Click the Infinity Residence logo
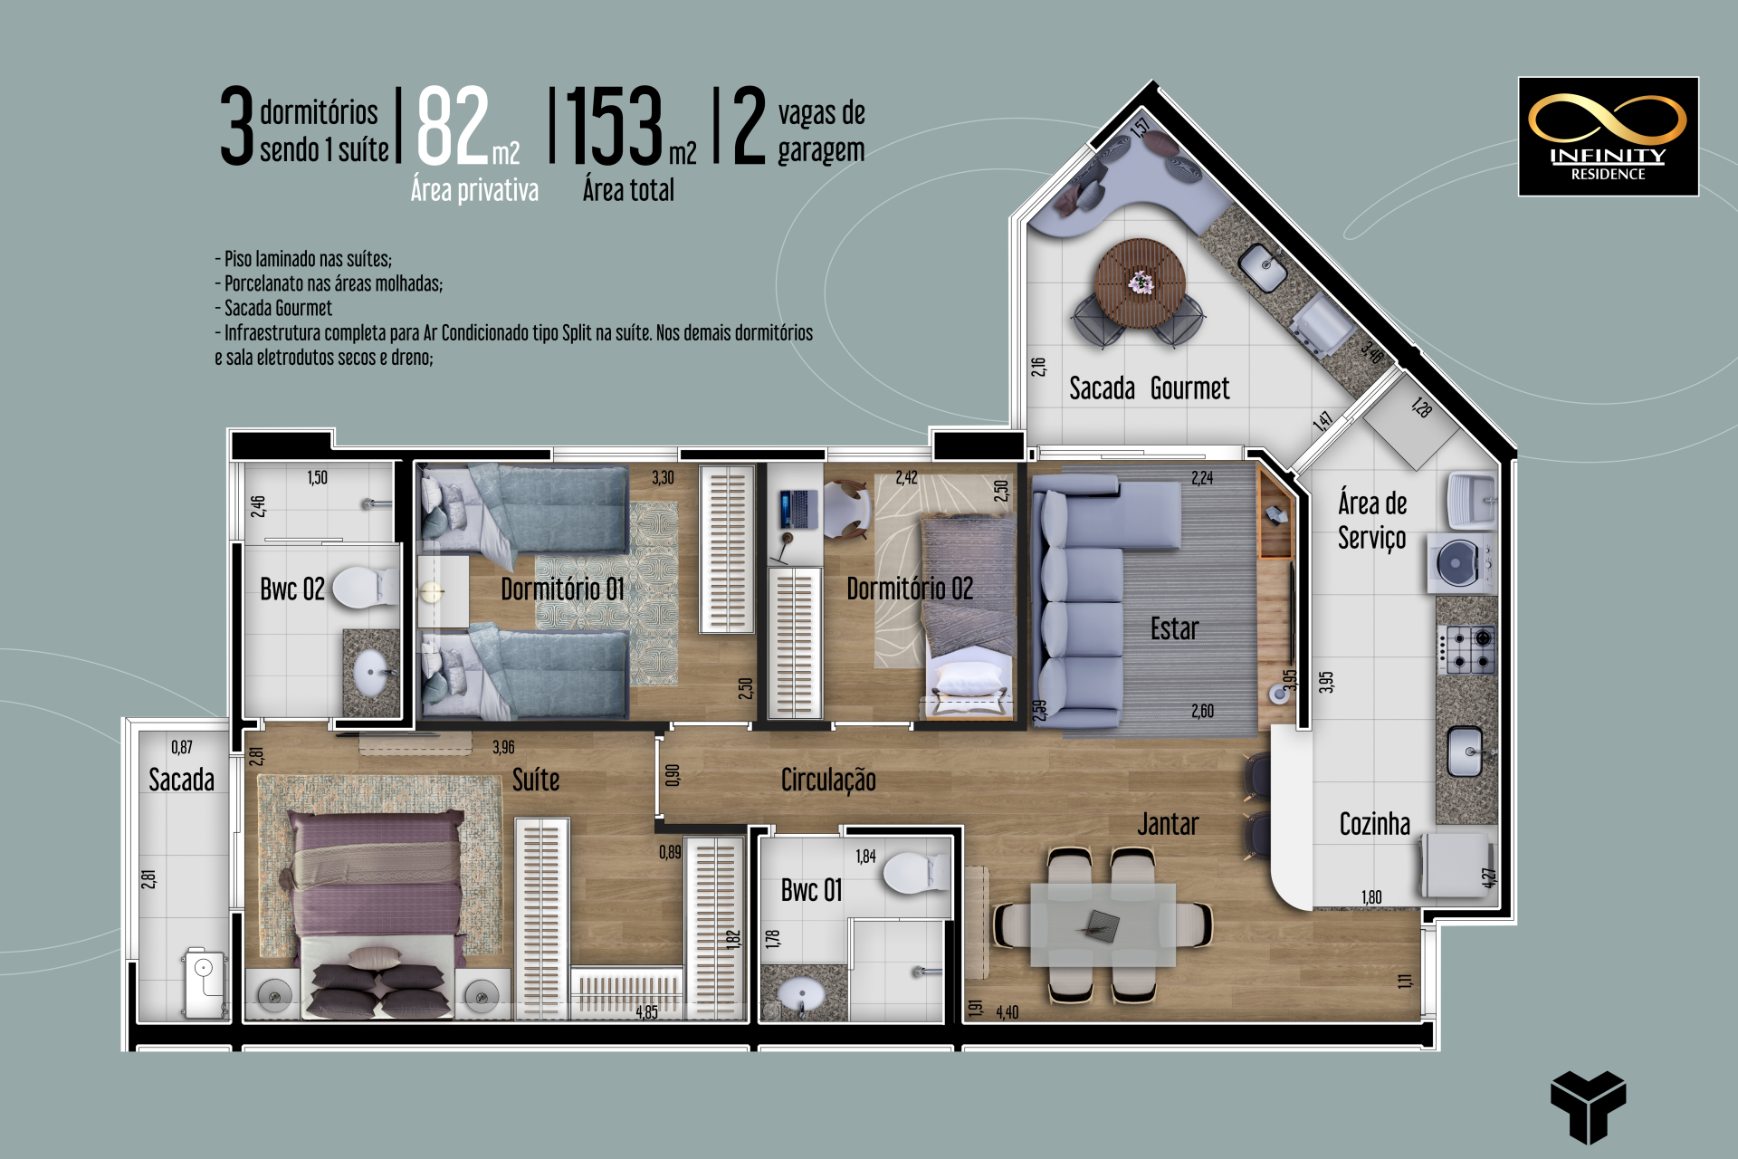(x=1608, y=137)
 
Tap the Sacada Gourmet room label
(x=1149, y=388)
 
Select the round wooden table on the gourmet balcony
(x=1140, y=283)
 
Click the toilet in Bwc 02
(x=366, y=588)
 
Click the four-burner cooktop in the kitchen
(x=1466, y=650)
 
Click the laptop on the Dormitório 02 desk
(x=797, y=508)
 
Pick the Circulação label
(x=828, y=780)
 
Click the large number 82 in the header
(x=453, y=126)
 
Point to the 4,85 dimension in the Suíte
(x=646, y=1012)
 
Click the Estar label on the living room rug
(x=1174, y=628)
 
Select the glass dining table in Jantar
(x=1103, y=924)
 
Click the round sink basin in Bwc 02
(x=372, y=674)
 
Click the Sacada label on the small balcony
(x=181, y=780)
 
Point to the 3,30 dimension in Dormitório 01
(x=663, y=477)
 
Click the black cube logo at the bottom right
(x=1588, y=1106)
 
